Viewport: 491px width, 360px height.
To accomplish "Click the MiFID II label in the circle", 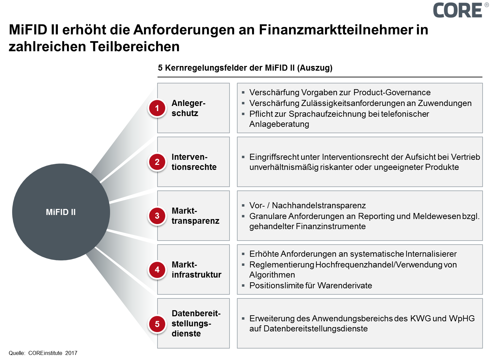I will (x=61, y=212).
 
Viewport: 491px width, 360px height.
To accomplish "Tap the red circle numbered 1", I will (x=157, y=108).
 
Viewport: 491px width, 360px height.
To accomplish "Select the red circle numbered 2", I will (x=157, y=162).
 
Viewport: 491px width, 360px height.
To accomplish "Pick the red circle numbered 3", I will (x=157, y=216).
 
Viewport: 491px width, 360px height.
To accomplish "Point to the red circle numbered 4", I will (x=157, y=270).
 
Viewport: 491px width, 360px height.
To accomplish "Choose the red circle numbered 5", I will (x=157, y=324).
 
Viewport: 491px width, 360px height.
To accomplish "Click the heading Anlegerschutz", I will (x=188, y=108).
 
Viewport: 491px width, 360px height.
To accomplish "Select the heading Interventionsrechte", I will (x=194, y=162).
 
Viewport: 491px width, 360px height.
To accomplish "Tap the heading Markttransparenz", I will (x=195, y=216).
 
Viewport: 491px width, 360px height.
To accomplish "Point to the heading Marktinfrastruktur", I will (x=196, y=270).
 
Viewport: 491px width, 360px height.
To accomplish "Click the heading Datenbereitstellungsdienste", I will (x=196, y=324).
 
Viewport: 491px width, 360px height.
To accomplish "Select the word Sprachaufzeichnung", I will (x=327, y=114).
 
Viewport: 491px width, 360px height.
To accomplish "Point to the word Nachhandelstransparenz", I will (x=319, y=206).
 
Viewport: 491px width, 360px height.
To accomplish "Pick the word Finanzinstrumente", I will (x=330, y=226).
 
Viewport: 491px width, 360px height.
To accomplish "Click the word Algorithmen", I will (x=272, y=275).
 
